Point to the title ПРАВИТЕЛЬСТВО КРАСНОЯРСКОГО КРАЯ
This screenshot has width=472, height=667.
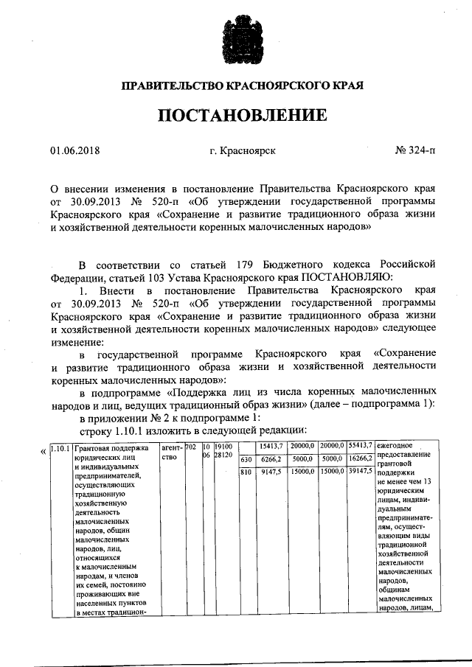pyautogui.click(x=242, y=85)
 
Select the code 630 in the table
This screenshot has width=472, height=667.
pyautogui.click(x=246, y=460)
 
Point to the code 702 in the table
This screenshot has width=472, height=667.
pyautogui.click(x=190, y=447)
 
